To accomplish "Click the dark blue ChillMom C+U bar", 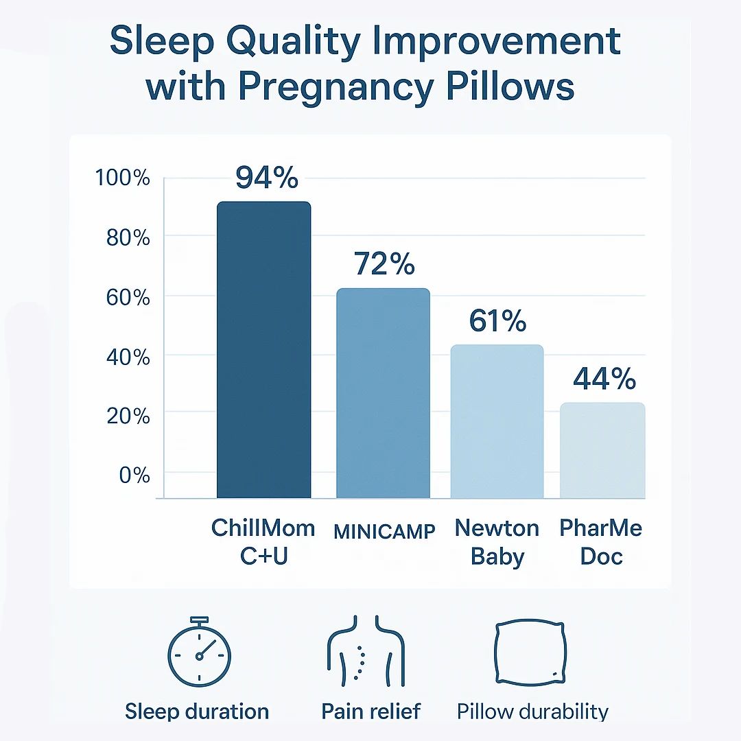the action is pyautogui.click(x=263, y=350).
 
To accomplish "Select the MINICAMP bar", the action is pyautogui.click(x=384, y=393).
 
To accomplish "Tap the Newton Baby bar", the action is pyautogui.click(x=497, y=421).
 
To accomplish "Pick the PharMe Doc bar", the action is pyautogui.click(x=602, y=450).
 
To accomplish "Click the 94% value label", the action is pyautogui.click(x=267, y=178).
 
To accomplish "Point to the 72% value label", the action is pyautogui.click(x=384, y=263).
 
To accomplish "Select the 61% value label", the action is pyautogui.click(x=497, y=320).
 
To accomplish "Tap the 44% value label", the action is pyautogui.click(x=604, y=378).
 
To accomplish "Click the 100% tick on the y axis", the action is pyautogui.click(x=123, y=178).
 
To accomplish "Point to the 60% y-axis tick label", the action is pyautogui.click(x=128, y=298).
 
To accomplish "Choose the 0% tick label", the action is pyautogui.click(x=134, y=475).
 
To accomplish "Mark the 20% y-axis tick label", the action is pyautogui.click(x=128, y=416).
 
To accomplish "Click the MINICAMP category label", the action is pyautogui.click(x=384, y=532).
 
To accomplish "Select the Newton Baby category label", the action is pyautogui.click(x=497, y=542).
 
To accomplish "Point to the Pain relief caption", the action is pyautogui.click(x=371, y=711).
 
